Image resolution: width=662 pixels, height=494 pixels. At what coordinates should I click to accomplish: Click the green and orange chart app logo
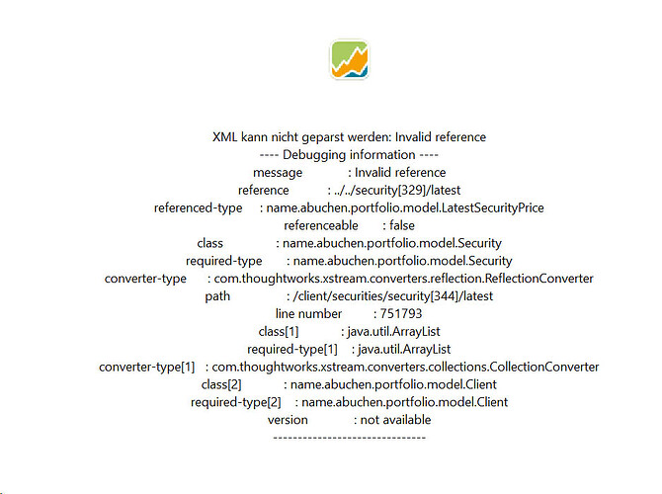[349, 59]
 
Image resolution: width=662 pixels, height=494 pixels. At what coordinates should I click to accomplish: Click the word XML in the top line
[224, 137]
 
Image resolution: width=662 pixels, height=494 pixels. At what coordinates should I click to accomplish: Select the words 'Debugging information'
[349, 155]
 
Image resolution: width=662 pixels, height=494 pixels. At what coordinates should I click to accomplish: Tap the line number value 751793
[401, 314]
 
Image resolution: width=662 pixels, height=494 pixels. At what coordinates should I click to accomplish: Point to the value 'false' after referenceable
[402, 225]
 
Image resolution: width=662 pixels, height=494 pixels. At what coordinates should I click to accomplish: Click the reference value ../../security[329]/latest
[397, 191]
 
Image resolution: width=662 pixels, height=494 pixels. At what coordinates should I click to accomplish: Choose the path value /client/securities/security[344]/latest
[393, 296]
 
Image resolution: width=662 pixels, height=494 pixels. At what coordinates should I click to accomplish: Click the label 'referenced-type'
[198, 208]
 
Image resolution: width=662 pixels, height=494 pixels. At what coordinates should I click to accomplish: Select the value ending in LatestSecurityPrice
[405, 208]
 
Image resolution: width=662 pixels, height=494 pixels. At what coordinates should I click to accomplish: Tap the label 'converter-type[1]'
[147, 367]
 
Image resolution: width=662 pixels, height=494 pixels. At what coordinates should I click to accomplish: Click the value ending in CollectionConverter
[405, 367]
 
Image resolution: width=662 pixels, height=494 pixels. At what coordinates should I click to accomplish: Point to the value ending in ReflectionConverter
[403, 279]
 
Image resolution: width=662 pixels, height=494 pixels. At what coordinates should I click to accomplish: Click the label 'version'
[288, 420]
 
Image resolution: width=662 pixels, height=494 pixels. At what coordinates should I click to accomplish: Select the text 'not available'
[395, 420]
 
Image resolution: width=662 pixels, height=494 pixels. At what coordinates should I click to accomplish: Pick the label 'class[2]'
[221, 384]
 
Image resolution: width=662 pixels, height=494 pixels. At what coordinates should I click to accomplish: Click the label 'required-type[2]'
[235, 402]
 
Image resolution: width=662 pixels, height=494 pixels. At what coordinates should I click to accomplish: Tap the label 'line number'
[308, 314]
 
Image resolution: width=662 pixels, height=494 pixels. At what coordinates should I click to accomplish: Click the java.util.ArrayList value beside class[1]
[393, 331]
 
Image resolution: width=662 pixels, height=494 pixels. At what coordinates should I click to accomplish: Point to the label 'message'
[278, 173]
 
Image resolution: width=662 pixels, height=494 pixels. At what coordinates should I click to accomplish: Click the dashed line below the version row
[349, 438]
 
